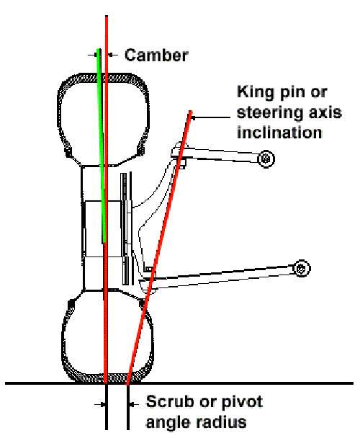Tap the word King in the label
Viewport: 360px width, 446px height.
pyautogui.click(x=253, y=93)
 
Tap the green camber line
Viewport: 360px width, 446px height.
pyautogui.click(x=102, y=144)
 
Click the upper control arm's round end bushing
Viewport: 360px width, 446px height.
pyautogui.click(x=266, y=158)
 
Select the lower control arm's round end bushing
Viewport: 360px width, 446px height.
pyautogui.click(x=302, y=268)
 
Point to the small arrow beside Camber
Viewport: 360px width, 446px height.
pyautogui.click(x=96, y=53)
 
